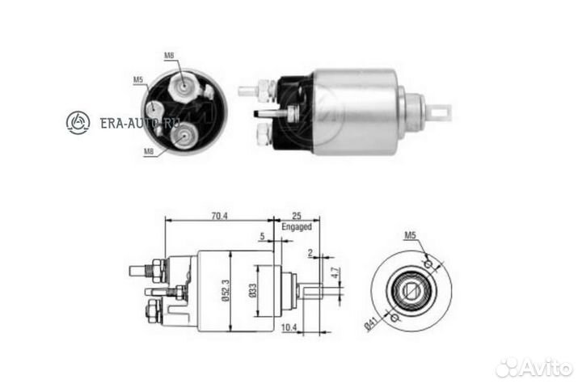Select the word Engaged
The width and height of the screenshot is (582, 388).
[297, 227]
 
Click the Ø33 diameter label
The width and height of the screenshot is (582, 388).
[252, 289]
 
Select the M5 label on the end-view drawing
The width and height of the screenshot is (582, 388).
[411, 236]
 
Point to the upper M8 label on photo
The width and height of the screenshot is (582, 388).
[169, 55]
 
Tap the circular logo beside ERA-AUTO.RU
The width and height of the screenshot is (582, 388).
[78, 123]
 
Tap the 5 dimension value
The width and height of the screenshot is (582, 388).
[264, 236]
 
